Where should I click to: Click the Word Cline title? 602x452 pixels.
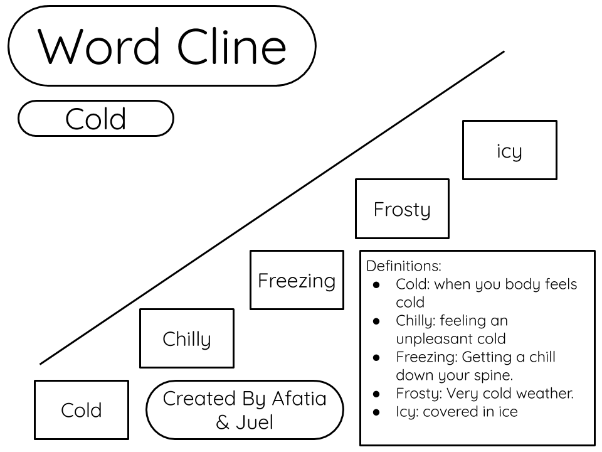[162, 46]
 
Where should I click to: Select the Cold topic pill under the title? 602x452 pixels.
[95, 119]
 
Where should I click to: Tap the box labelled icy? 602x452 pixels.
[509, 151]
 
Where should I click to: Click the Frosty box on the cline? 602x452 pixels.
[402, 209]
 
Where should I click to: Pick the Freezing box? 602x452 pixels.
[297, 280]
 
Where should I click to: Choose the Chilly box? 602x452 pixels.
[187, 338]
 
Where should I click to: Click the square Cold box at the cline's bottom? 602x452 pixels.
[82, 410]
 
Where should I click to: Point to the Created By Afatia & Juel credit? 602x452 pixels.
[245, 410]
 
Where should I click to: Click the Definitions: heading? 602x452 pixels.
[404, 266]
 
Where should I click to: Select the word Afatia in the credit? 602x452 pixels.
[299, 399]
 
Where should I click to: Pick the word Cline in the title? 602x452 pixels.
[233, 46]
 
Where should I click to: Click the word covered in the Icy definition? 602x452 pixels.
[451, 412]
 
